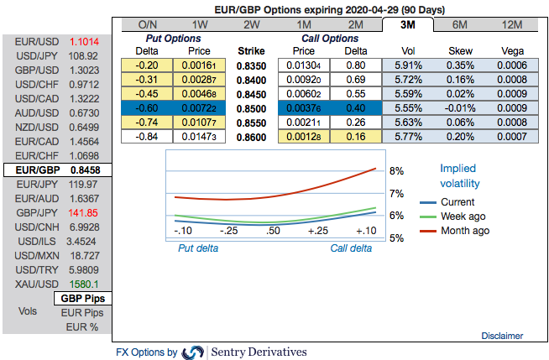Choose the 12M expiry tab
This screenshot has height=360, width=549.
click(512, 24)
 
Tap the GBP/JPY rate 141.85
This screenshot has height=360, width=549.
click(84, 212)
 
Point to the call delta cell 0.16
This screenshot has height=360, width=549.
click(354, 136)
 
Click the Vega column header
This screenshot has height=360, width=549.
click(511, 50)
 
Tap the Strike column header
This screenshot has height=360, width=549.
click(251, 50)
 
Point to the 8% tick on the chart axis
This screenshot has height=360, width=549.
click(396, 171)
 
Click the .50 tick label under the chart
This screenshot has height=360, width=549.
click(273, 230)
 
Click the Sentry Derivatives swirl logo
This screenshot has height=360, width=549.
click(192, 352)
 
